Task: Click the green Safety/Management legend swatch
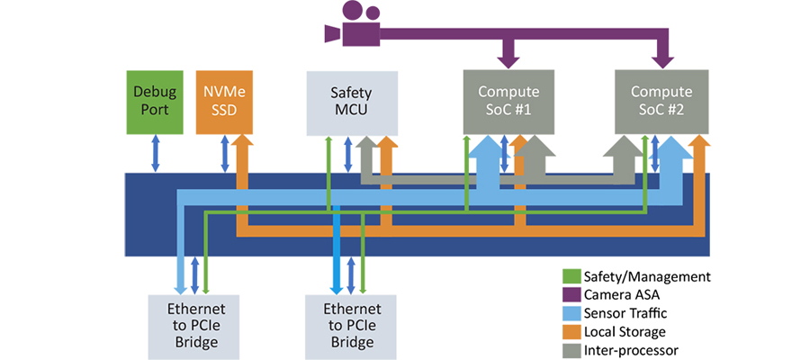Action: click(x=570, y=276)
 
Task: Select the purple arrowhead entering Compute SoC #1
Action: click(x=508, y=59)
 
